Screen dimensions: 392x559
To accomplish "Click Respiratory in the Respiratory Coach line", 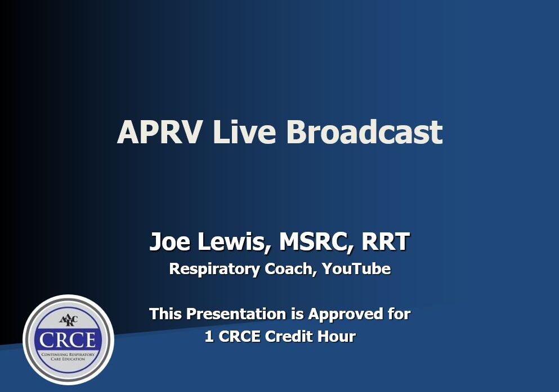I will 214,269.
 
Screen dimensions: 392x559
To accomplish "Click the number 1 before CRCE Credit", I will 209,337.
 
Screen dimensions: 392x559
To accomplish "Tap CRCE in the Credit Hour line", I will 239,337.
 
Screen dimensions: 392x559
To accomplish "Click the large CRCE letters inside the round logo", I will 68,340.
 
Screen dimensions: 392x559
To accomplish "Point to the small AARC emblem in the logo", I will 68,321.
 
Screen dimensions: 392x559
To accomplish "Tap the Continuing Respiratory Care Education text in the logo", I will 68,356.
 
